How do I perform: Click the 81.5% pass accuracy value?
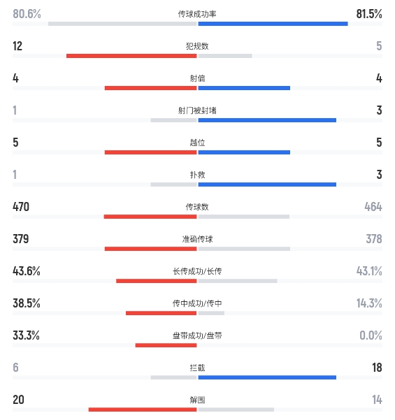(x=369, y=14)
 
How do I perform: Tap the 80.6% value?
(x=27, y=14)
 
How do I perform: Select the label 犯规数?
(x=197, y=46)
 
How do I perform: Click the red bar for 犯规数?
(x=131, y=56)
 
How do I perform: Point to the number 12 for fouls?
(x=17, y=46)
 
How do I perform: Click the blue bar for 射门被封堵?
(x=267, y=120)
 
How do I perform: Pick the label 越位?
(x=197, y=143)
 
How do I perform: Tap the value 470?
(x=21, y=207)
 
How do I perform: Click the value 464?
(x=373, y=207)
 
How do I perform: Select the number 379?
(x=21, y=239)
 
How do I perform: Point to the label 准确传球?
(x=197, y=239)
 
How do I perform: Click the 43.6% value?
(x=27, y=271)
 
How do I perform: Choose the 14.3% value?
(x=369, y=303)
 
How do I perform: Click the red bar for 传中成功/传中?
(x=161, y=313)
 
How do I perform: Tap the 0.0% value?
(x=371, y=335)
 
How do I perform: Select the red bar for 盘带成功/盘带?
(x=166, y=345)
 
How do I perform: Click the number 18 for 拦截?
(x=377, y=368)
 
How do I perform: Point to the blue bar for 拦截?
(x=267, y=377)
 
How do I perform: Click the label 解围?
(x=197, y=400)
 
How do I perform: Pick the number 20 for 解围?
(x=18, y=400)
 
